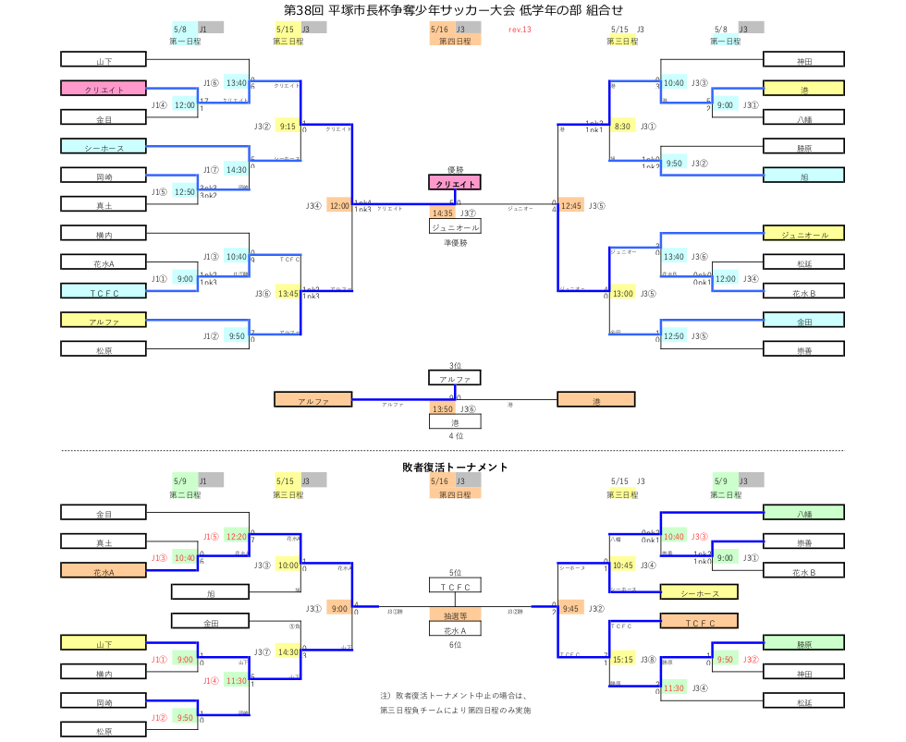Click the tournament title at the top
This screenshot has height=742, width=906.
point(454,9)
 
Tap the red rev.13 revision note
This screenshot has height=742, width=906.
point(520,30)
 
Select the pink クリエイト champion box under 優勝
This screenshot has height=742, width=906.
point(455,183)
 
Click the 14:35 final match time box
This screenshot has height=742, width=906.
point(443,213)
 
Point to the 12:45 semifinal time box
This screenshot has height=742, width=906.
point(571,205)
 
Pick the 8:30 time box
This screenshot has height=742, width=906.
point(622,127)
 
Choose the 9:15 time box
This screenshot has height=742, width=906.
point(288,127)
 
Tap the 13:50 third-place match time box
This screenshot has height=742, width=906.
point(443,409)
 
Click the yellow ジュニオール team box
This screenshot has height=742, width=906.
point(804,235)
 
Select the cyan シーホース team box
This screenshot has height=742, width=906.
point(104,146)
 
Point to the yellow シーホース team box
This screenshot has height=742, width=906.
point(698,592)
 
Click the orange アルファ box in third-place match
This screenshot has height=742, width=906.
point(313,400)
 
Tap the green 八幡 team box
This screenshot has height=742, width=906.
point(804,512)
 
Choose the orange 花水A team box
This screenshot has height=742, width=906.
point(104,571)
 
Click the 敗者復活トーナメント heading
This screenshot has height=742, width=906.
point(455,468)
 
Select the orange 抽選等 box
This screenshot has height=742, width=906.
point(455,614)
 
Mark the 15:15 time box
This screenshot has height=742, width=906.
point(622,660)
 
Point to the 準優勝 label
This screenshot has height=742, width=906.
point(455,242)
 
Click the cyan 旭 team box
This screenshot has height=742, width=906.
point(804,176)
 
